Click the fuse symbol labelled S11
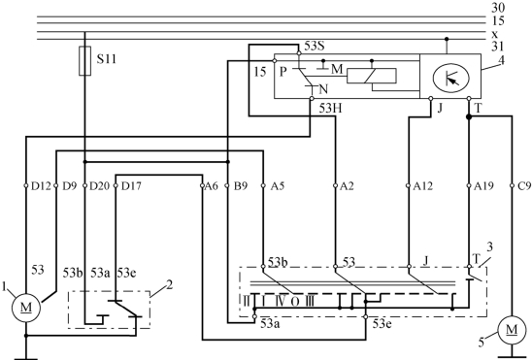point(84,61)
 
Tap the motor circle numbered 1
point(26,308)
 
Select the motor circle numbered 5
point(512,330)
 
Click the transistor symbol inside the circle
point(450,78)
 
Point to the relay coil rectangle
point(372,76)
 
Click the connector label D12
point(41,186)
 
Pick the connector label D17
point(131,186)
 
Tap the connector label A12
point(423,186)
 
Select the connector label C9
point(523,186)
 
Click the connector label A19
point(483,186)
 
